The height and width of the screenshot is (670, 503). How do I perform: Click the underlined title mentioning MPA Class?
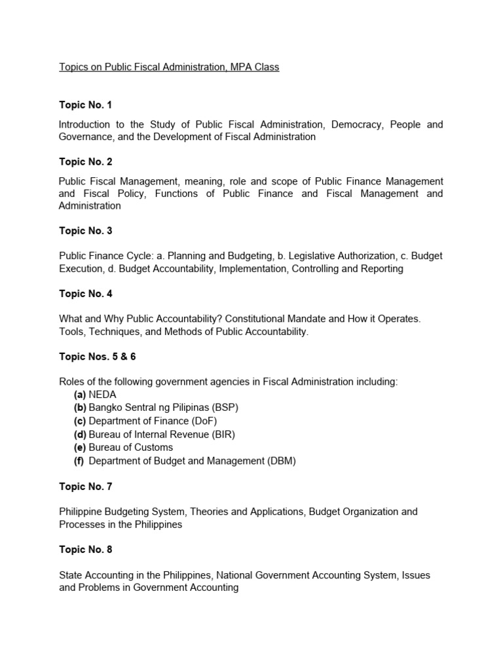(169, 67)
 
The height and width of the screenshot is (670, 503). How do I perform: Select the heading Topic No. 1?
(85, 105)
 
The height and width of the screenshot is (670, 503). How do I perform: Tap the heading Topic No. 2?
(85, 162)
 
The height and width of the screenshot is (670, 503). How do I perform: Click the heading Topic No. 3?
(85, 231)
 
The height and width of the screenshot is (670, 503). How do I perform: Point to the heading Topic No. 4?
(85, 294)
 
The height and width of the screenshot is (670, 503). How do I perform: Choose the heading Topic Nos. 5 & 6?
(98, 357)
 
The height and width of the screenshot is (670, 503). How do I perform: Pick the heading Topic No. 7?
(85, 486)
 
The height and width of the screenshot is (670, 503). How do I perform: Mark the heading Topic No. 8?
(85, 550)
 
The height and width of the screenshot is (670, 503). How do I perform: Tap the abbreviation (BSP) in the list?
(225, 408)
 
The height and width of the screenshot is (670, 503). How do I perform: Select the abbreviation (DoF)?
(203, 421)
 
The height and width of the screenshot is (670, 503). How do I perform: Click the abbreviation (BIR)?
(221, 434)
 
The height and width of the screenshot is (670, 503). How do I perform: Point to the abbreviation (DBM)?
(282, 461)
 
